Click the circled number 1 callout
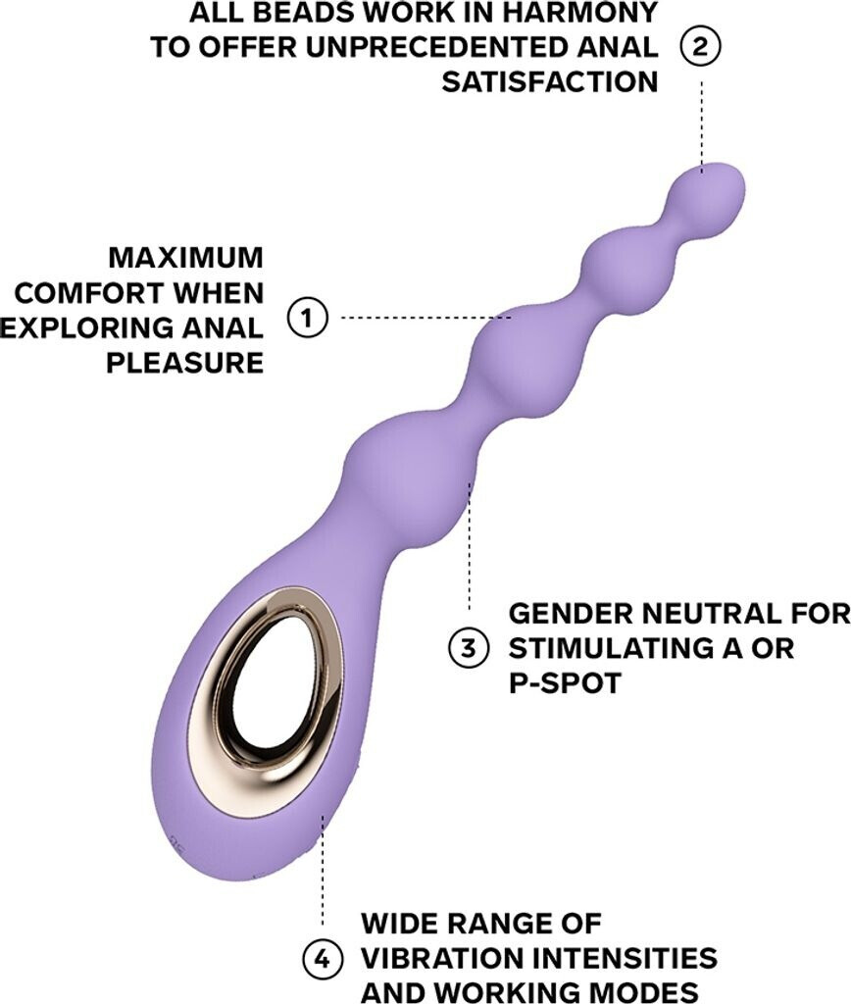pyautogui.click(x=307, y=318)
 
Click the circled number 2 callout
pyautogui.click(x=702, y=46)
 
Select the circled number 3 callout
pyautogui.click(x=469, y=646)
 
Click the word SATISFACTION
pyautogui.click(x=549, y=81)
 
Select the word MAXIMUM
pyautogui.click(x=185, y=258)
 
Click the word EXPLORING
pyautogui.click(x=81, y=326)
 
